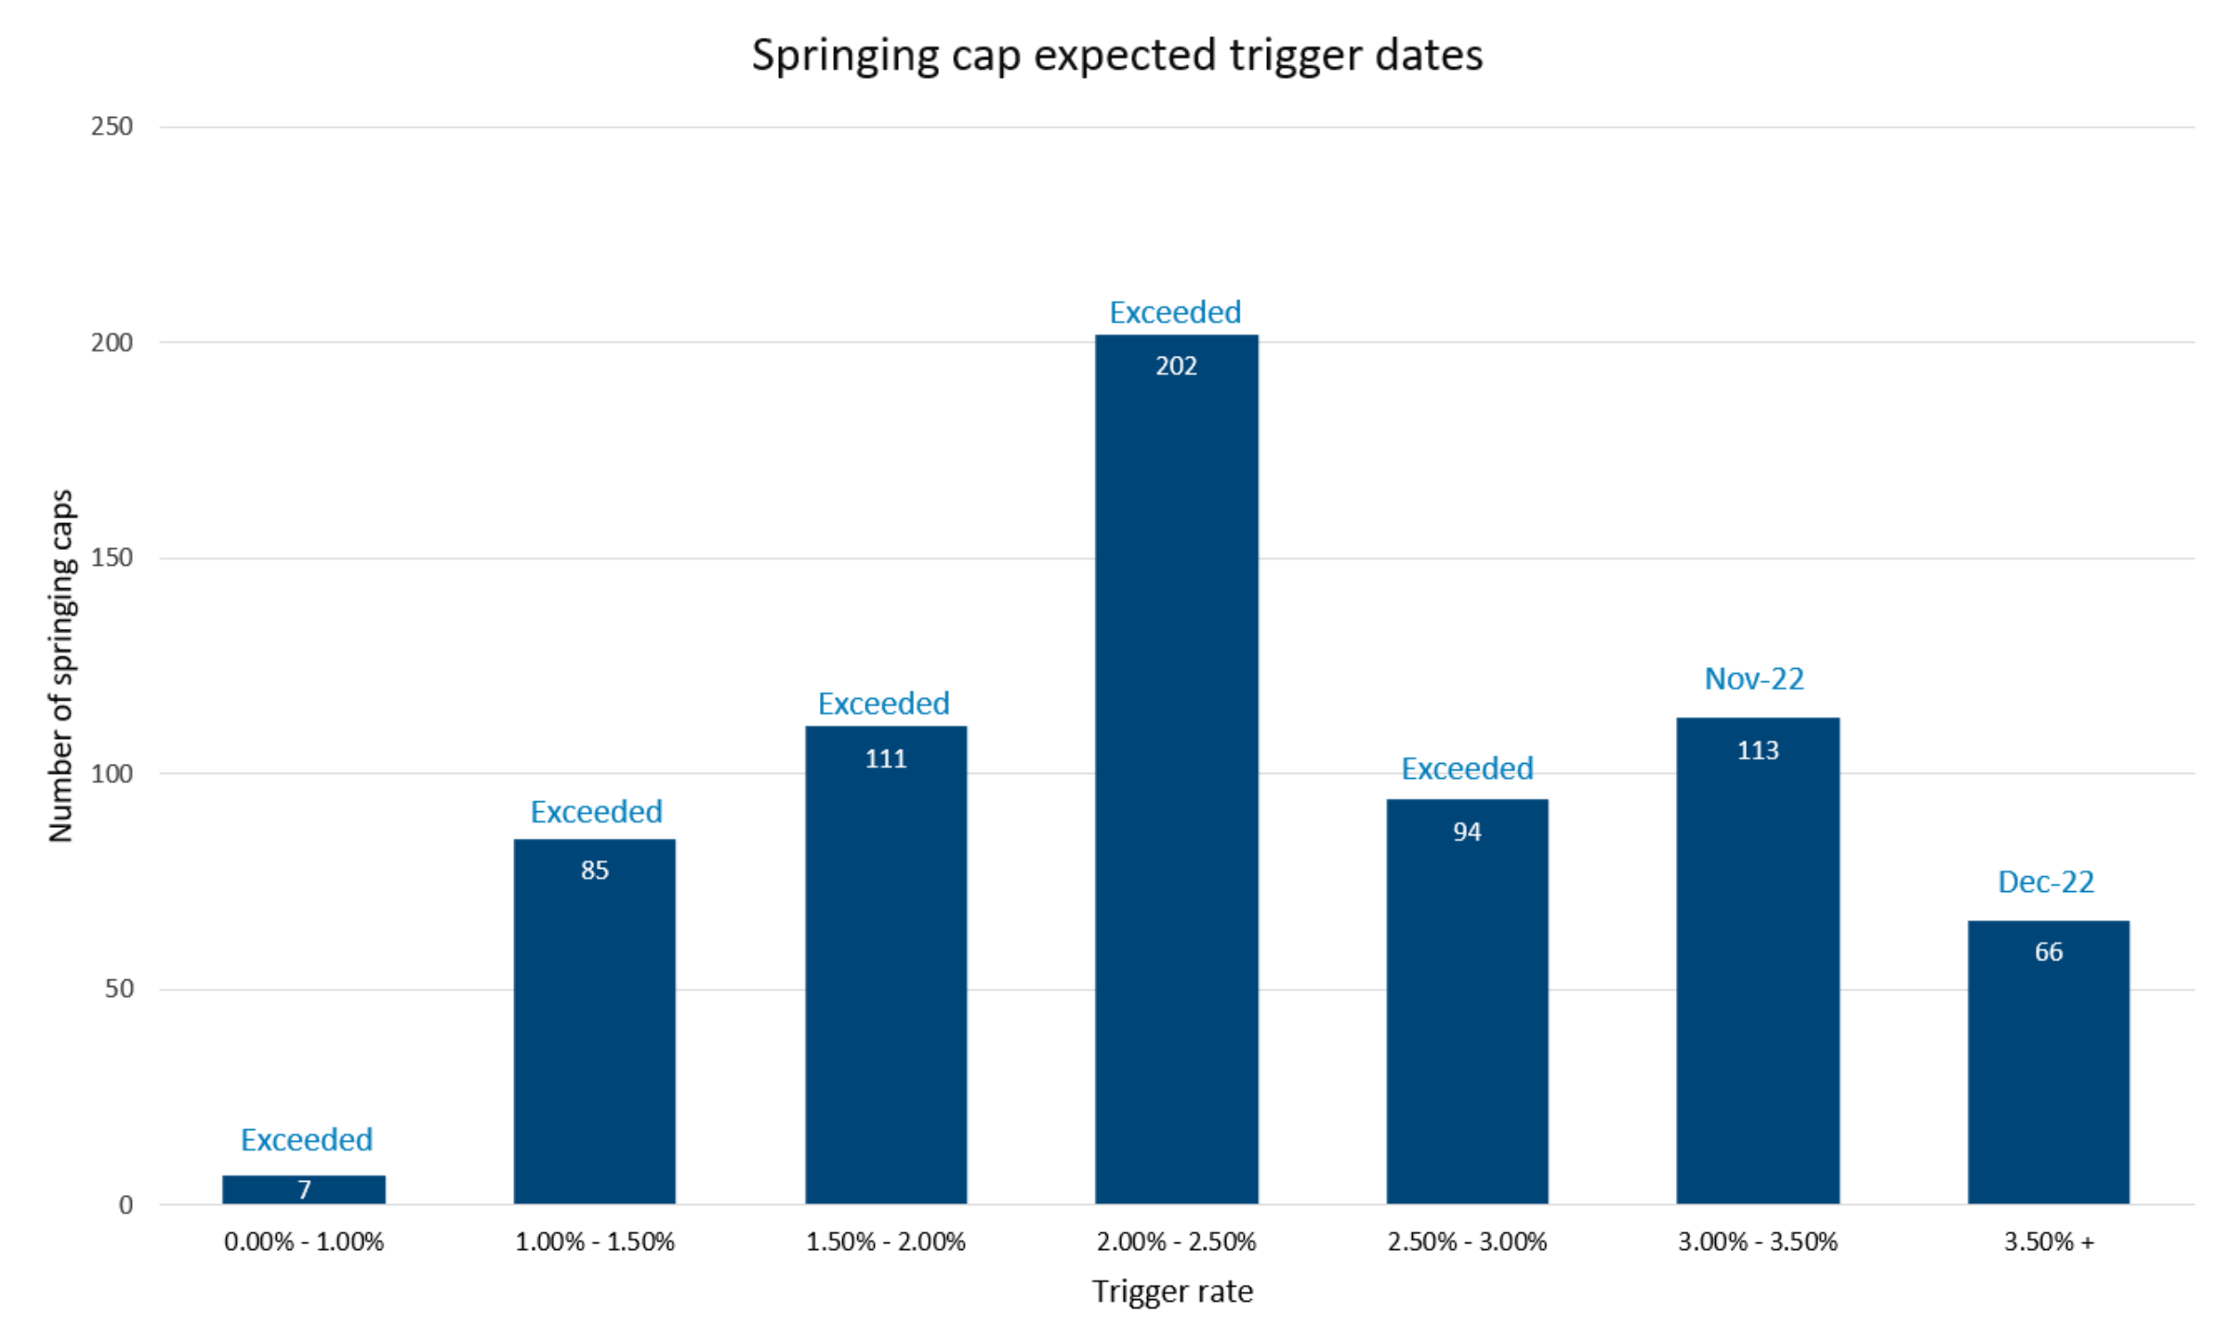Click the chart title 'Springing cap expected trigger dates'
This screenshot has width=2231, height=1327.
tap(1116, 55)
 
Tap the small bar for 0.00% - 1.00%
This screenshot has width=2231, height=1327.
tap(304, 1189)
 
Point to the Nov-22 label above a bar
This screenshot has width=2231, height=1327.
tap(1754, 678)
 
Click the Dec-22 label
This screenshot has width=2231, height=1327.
tap(2046, 881)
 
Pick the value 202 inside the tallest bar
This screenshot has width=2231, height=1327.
tap(1176, 366)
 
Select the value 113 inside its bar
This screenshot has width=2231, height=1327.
tap(1758, 750)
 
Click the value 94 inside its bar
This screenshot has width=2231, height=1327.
tap(1467, 832)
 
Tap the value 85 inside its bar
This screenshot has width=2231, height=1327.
tap(595, 871)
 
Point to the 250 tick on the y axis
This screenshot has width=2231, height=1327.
tap(112, 126)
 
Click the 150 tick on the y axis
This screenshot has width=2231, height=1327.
tap(112, 558)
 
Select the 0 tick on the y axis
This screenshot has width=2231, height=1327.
tap(125, 1205)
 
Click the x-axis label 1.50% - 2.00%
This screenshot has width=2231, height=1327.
tap(885, 1242)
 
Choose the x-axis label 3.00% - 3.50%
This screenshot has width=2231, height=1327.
tap(1757, 1242)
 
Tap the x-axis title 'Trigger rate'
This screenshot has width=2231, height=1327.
tap(1172, 1292)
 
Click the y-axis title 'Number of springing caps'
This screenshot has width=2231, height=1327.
tap(60, 665)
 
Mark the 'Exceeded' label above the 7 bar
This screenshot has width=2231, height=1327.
tap(307, 1139)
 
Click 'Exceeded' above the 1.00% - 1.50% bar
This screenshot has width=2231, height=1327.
tap(596, 811)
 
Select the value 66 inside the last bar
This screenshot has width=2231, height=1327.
tap(2048, 952)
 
